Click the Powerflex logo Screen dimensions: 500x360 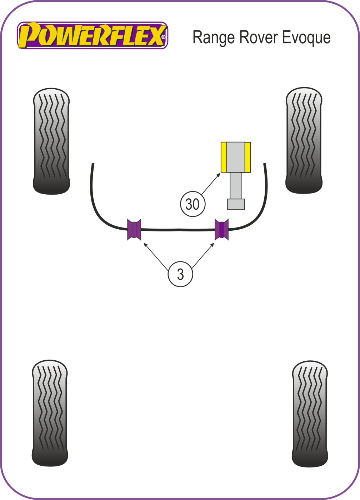(x=92, y=35)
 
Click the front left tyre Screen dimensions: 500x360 (x=51, y=141)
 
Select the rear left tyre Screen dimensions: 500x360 (x=50, y=413)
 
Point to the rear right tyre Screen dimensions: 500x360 (x=310, y=414)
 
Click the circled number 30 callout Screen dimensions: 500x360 (x=192, y=204)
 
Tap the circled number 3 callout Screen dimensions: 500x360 (x=180, y=274)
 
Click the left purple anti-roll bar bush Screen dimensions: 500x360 (x=134, y=229)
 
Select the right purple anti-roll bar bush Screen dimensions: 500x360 (x=221, y=229)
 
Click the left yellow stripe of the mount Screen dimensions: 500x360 (x=224, y=157)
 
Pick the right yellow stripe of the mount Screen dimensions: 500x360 (x=247, y=157)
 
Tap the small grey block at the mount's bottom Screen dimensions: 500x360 (x=236, y=204)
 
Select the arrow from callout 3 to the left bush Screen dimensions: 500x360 (x=156, y=256)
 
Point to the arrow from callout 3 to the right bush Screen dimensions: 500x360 (x=203, y=255)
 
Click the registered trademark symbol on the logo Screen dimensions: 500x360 (x=163, y=37)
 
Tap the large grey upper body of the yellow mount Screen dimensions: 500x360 (x=236, y=157)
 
